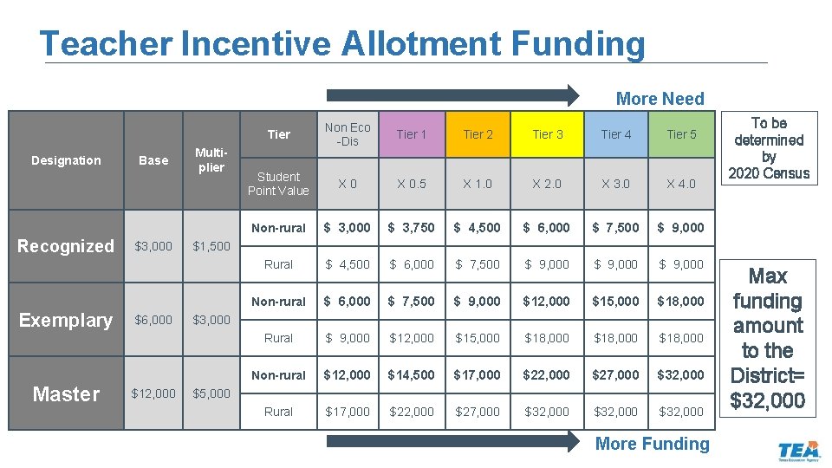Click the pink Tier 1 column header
tap(411, 134)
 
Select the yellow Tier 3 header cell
tap(548, 134)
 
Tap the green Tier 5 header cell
tap(681, 134)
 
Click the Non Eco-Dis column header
tap(347, 134)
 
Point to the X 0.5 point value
tap(411, 184)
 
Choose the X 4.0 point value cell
tap(681, 184)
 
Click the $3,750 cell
tap(411, 228)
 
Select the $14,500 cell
tap(411, 375)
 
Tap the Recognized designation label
tap(66, 246)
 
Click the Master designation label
tap(66, 394)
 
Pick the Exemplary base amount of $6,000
tap(153, 320)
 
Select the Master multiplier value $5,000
tap(211, 393)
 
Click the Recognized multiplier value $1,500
tap(211, 246)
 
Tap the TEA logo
tap(798, 452)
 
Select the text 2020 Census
tap(769, 173)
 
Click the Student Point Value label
tap(278, 184)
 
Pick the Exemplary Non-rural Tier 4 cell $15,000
tap(616, 302)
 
